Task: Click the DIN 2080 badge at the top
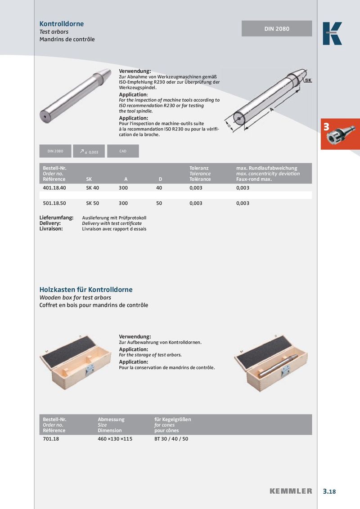point(277,29)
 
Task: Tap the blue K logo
point(332,34)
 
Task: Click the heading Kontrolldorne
point(62,24)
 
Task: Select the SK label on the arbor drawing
point(308,80)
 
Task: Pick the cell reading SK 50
point(92,203)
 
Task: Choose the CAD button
point(123,151)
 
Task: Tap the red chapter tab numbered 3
point(340,134)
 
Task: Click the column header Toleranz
point(199,168)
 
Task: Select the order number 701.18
point(51,439)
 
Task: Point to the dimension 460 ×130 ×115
point(115,439)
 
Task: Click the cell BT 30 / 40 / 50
point(171,439)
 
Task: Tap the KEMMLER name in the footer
point(291,491)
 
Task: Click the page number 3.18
point(329,491)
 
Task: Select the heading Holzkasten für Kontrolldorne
point(86,290)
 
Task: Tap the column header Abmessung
point(111,420)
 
